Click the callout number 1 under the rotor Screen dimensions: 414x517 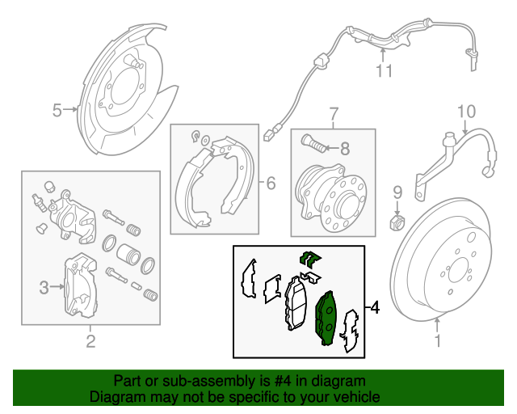439,341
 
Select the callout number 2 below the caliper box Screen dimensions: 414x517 90,341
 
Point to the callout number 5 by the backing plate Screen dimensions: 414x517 57,110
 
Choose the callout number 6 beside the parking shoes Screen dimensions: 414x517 271,184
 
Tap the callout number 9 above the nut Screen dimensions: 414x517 397,192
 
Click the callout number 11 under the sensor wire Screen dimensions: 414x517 383,71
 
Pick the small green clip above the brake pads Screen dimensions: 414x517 310,259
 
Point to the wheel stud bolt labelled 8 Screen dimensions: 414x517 313,146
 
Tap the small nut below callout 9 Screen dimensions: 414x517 397,220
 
